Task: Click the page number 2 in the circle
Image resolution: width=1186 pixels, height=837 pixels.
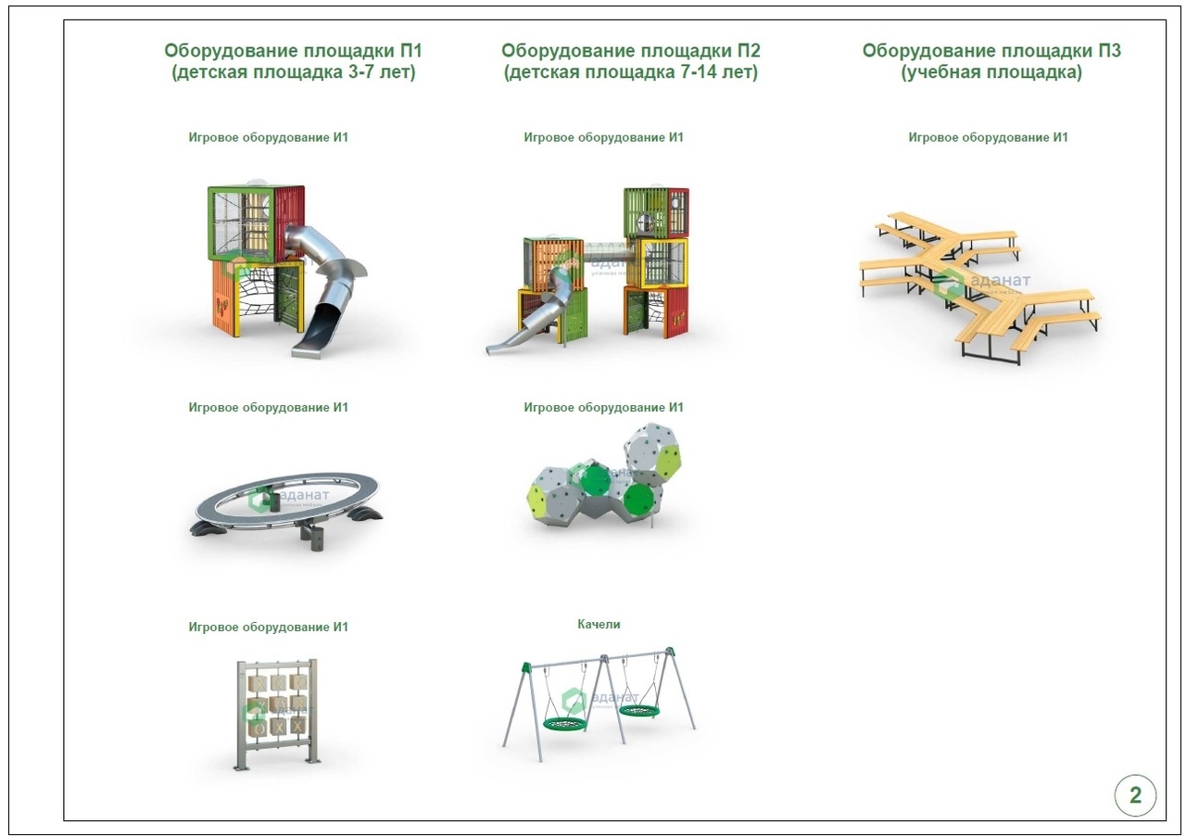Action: pyautogui.click(x=1135, y=794)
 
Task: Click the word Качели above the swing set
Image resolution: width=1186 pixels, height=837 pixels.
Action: pyautogui.click(x=599, y=624)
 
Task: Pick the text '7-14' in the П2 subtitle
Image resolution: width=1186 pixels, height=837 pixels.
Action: pyautogui.click(x=699, y=72)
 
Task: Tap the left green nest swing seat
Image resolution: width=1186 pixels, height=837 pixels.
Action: pyautogui.click(x=565, y=723)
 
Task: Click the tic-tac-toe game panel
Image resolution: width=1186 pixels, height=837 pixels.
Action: pyautogui.click(x=277, y=714)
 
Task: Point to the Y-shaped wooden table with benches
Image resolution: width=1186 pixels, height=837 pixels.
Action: pyautogui.click(x=979, y=286)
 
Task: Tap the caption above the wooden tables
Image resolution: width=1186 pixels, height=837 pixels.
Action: pyautogui.click(x=988, y=138)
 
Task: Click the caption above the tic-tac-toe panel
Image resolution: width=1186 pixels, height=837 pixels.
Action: pyautogui.click(x=269, y=628)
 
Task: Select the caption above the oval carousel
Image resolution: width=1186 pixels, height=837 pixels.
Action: pyautogui.click(x=269, y=407)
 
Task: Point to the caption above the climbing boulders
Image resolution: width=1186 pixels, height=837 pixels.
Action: pyautogui.click(x=603, y=407)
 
